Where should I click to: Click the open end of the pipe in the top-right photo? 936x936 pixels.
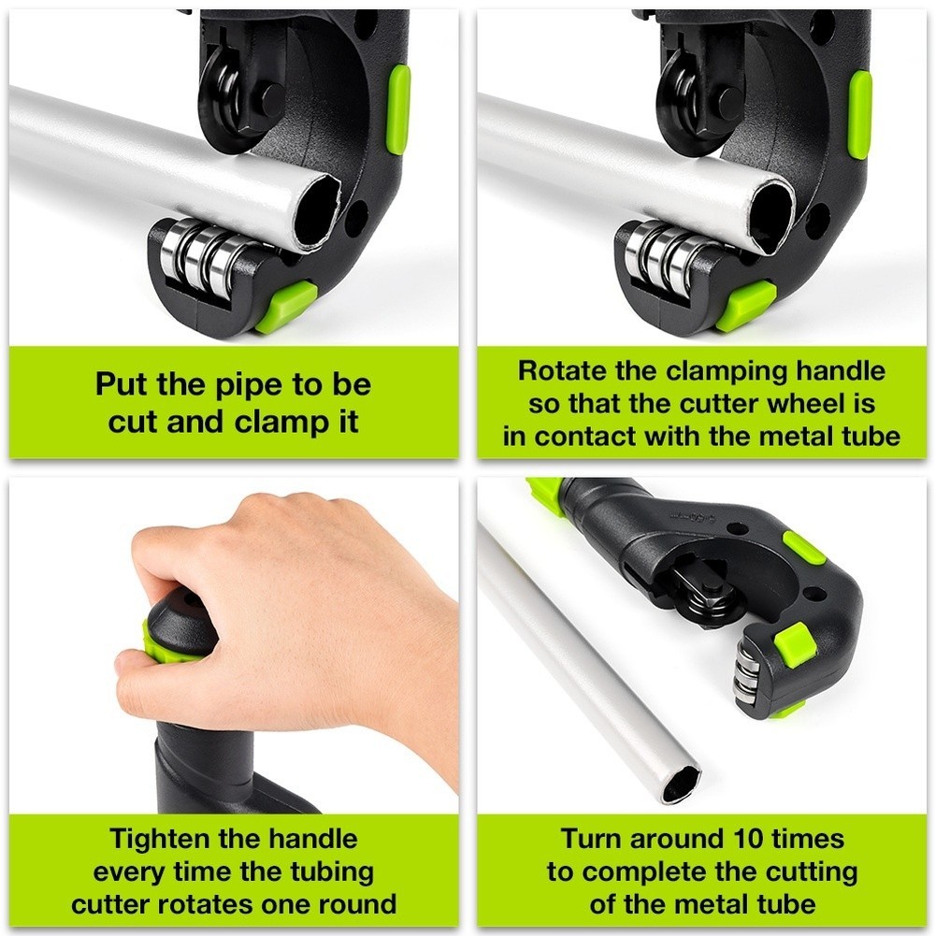click(x=772, y=214)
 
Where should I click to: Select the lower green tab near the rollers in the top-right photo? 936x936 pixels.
click(x=747, y=306)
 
